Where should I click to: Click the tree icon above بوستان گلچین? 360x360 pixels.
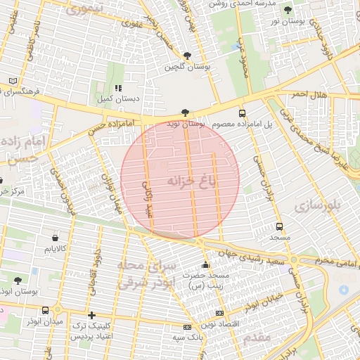pos(186,56)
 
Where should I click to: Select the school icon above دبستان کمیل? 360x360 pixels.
pos(118,88)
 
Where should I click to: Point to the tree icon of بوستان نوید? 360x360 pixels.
pos(184,112)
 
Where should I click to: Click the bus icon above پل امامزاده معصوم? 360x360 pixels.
pos(243,112)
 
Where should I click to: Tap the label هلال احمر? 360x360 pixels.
pos(309,94)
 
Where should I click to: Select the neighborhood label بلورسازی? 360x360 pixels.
pos(317,205)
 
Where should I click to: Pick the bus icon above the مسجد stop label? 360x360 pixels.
pos(280,227)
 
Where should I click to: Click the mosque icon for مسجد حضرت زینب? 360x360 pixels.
pos(205,265)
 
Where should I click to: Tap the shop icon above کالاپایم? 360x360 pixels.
pos(55,237)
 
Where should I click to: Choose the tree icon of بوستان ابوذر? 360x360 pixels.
pos(17,280)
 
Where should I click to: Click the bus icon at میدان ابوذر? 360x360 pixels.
pos(46,310)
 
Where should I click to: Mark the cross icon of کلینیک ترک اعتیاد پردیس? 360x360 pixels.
pos(91,315)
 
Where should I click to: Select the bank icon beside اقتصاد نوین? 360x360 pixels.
pos(219,313)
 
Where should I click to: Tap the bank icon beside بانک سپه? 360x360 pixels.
pos(187,327)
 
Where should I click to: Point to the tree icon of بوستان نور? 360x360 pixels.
pos(288,10)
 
